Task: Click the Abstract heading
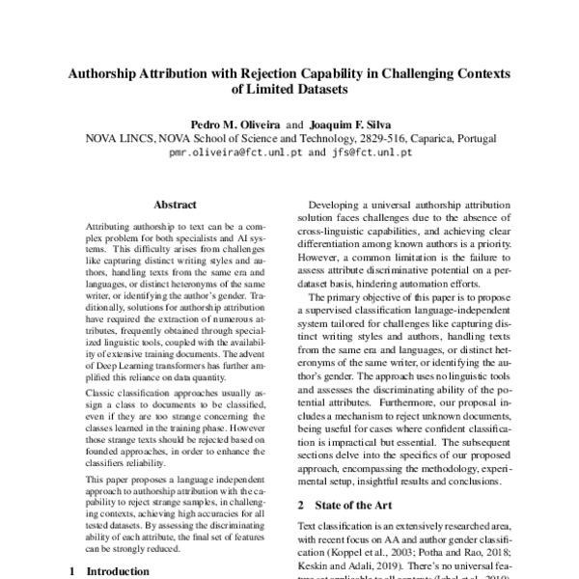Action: [175, 205]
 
